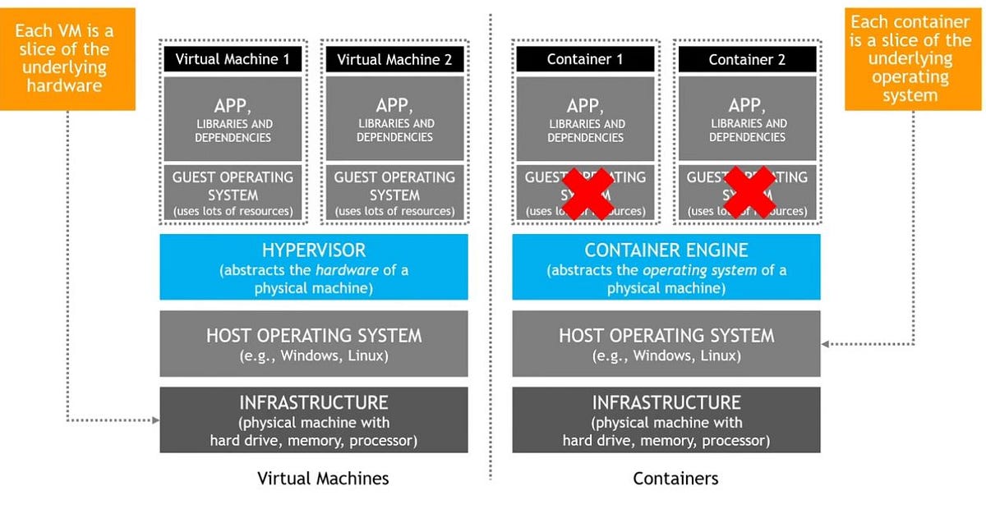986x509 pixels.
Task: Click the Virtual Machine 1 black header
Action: pos(233,59)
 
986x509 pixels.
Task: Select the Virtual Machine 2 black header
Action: pos(394,59)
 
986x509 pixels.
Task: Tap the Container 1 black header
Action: pos(585,59)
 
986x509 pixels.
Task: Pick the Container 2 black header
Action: pos(747,59)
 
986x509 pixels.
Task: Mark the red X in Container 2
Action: pos(749,194)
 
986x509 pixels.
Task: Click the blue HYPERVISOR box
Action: pos(313,267)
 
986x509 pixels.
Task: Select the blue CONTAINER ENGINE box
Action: pos(666,267)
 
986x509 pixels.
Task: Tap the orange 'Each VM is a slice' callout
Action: pos(63,58)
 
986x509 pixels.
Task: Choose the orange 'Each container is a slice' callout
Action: pos(910,58)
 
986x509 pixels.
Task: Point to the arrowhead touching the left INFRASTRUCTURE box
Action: pos(155,420)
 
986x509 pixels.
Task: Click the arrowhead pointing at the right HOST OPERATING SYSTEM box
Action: pos(826,344)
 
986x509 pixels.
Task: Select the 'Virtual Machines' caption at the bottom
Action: pos(323,479)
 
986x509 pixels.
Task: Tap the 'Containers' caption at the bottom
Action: pos(675,479)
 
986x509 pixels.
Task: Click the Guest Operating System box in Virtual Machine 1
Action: pos(233,194)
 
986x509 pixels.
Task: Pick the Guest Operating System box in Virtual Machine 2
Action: pos(394,194)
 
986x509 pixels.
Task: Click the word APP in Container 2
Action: pos(747,105)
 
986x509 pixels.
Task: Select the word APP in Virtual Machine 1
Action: pos(233,105)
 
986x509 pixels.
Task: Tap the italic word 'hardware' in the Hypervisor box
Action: pos(344,269)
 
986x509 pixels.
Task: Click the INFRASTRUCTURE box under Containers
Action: pos(666,420)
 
